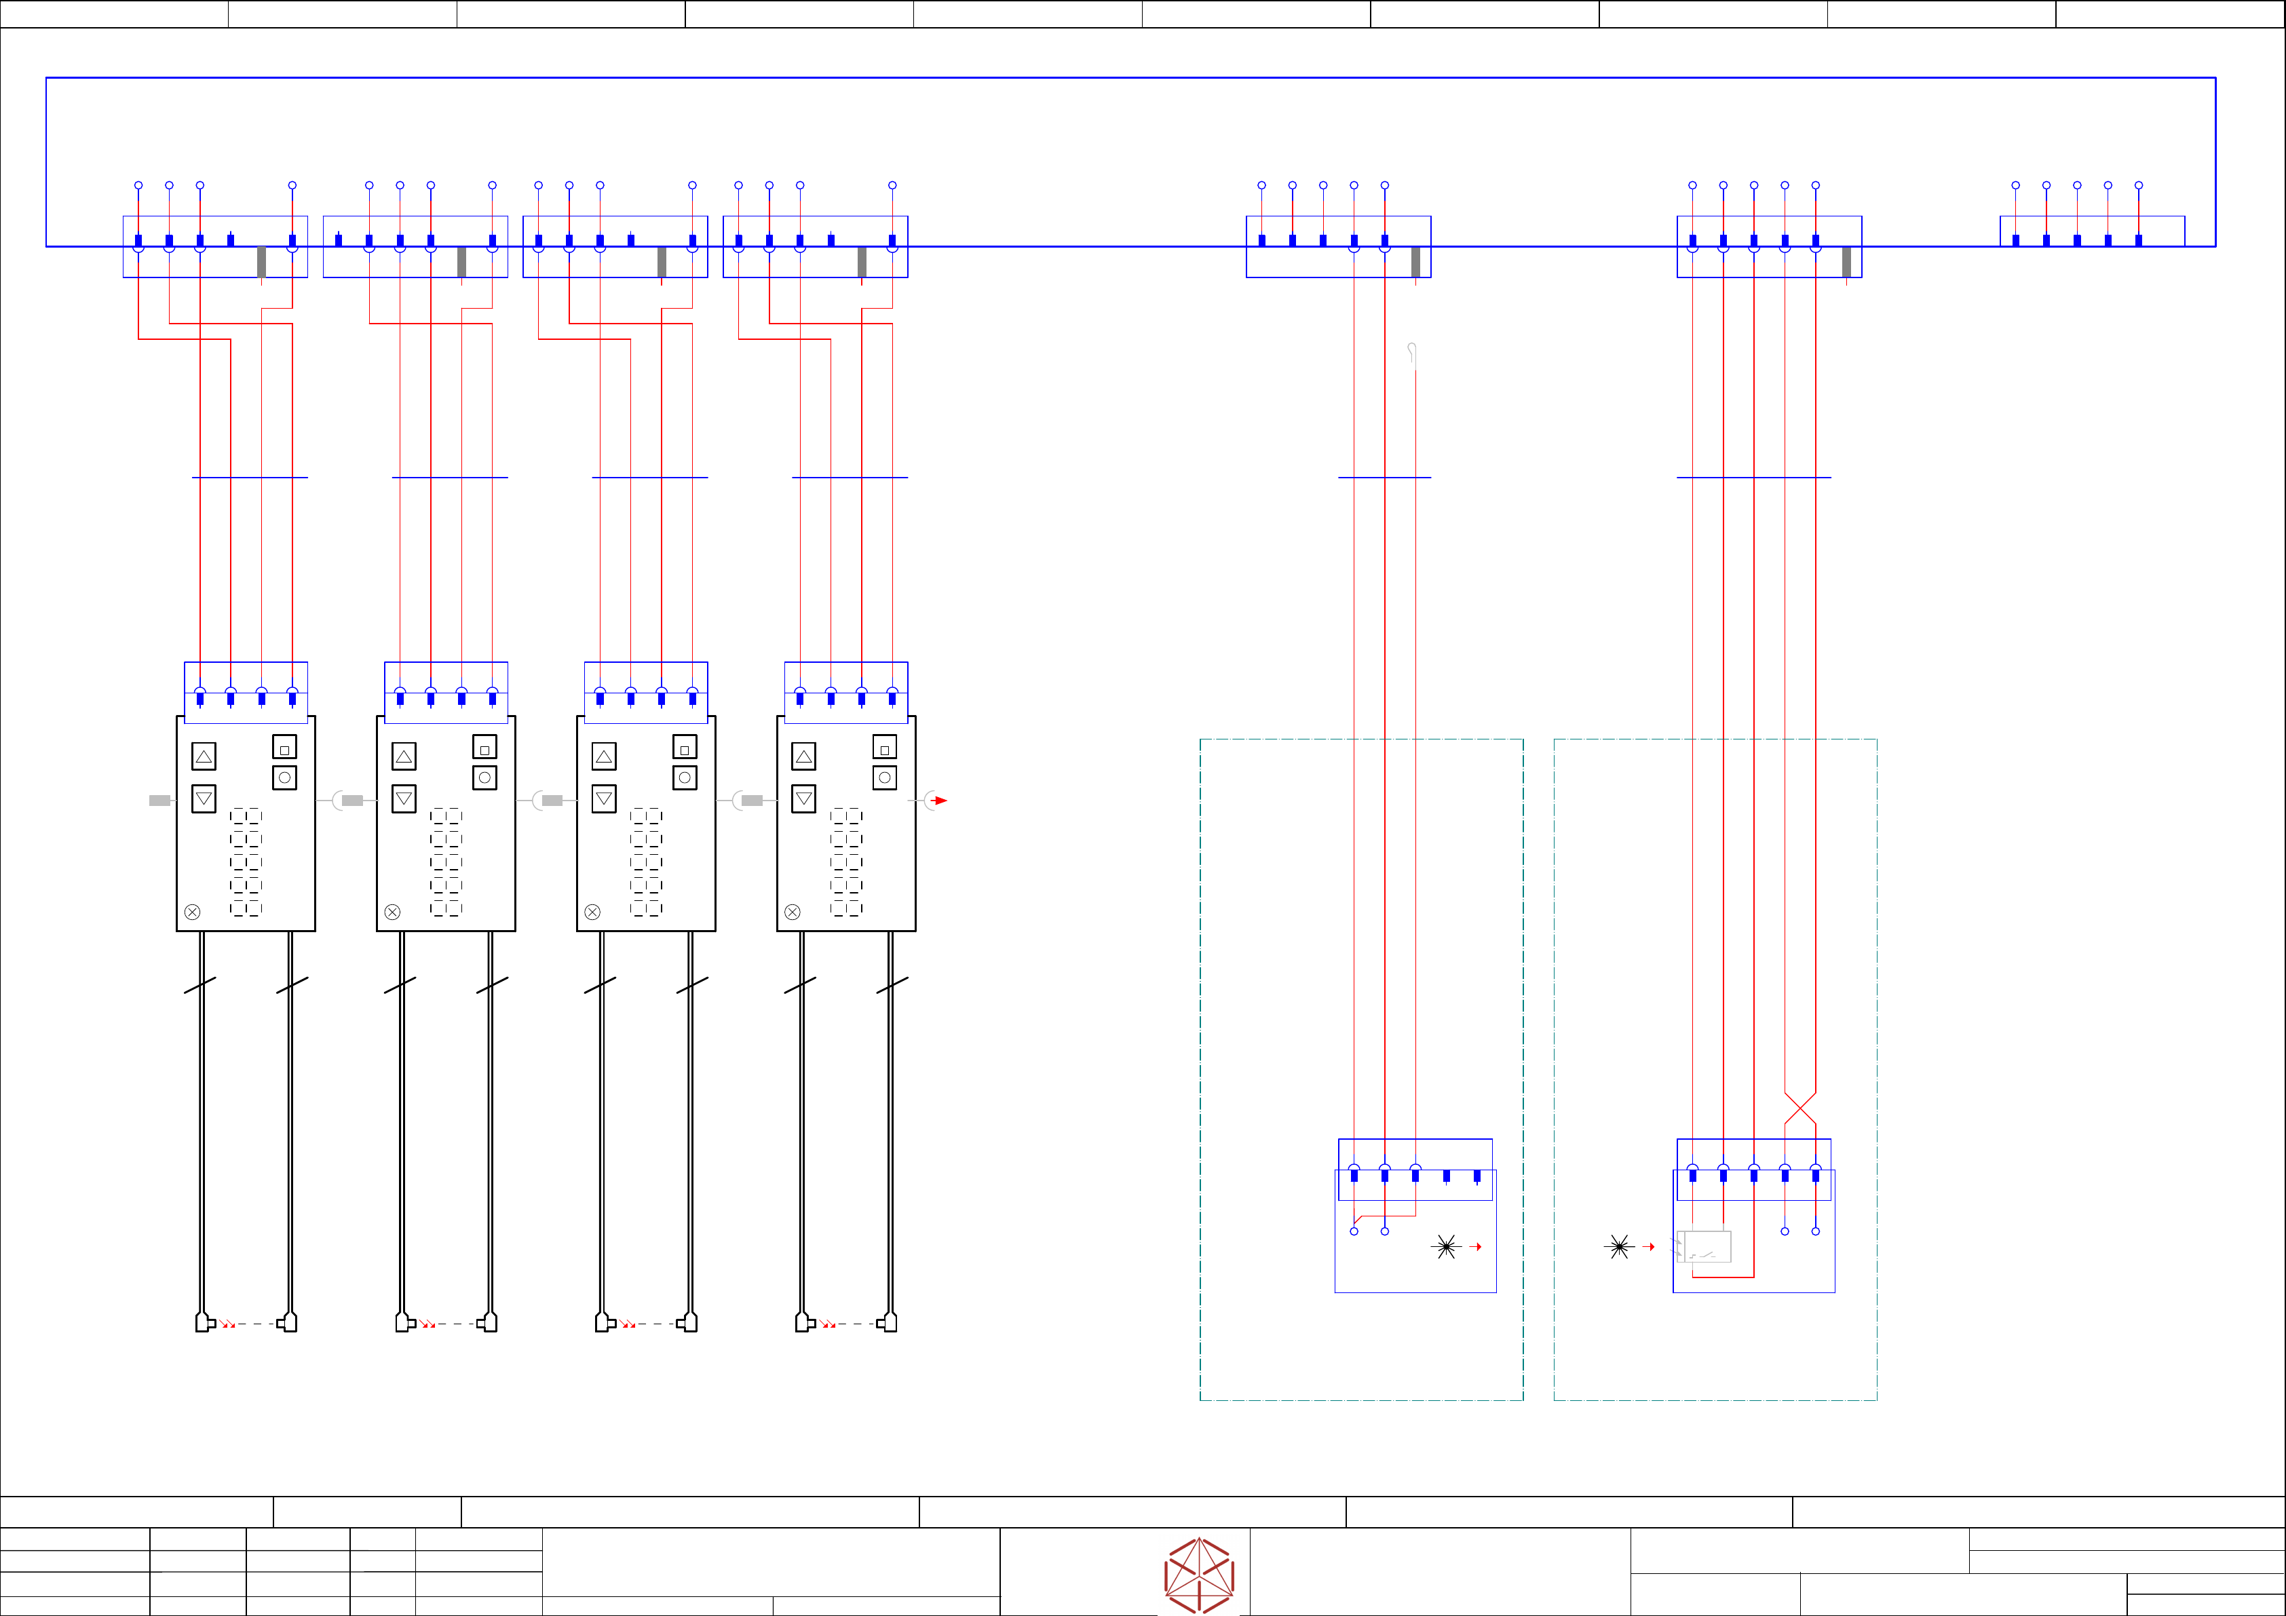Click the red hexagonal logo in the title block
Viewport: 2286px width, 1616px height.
[1199, 1574]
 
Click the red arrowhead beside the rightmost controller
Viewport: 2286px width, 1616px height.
[940, 801]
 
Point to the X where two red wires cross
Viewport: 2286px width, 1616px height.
[1800, 1108]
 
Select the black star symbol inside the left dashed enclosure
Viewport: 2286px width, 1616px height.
[1447, 1247]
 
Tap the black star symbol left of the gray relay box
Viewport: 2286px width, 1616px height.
[1619, 1247]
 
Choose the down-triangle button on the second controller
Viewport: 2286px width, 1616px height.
[403, 799]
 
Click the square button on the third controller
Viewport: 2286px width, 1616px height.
[685, 748]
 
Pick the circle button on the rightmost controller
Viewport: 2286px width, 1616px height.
[884, 777]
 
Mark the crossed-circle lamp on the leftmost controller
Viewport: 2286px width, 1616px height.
[192, 912]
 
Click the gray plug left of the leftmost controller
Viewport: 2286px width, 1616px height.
[159, 801]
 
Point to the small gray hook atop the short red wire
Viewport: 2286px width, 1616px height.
[1412, 351]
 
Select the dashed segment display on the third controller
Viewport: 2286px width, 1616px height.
[646, 862]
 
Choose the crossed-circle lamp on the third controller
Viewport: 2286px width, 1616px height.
[592, 912]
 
